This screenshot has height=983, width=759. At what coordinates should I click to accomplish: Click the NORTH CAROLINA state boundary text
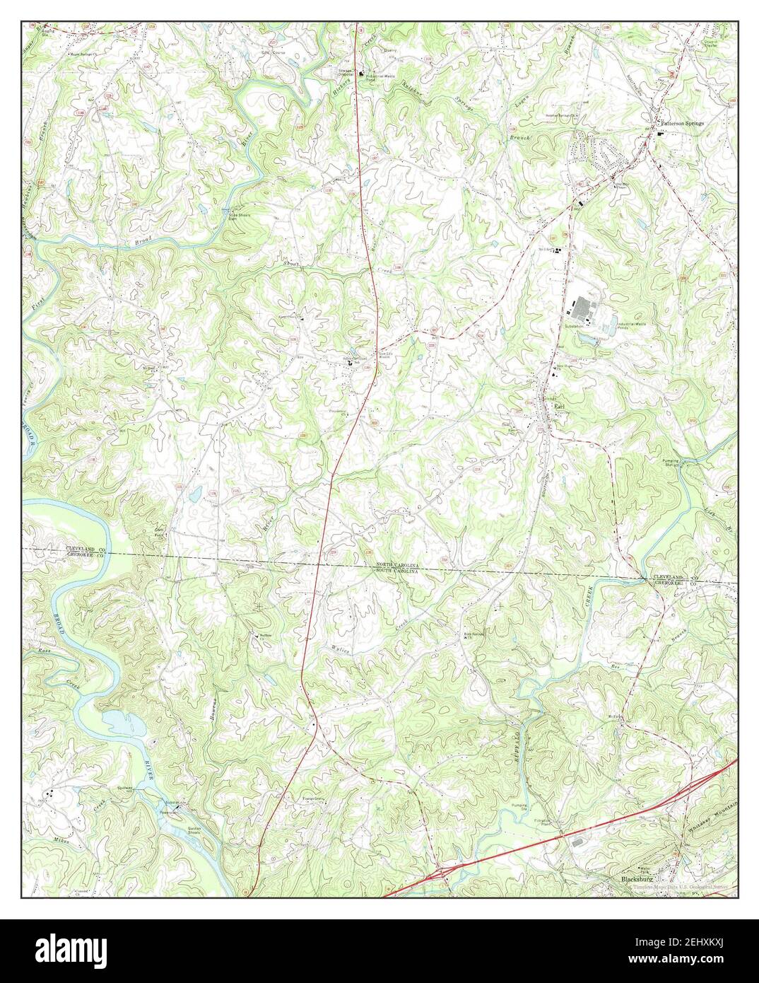coord(396,565)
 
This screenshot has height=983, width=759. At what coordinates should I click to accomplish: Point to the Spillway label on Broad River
coord(125,787)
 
